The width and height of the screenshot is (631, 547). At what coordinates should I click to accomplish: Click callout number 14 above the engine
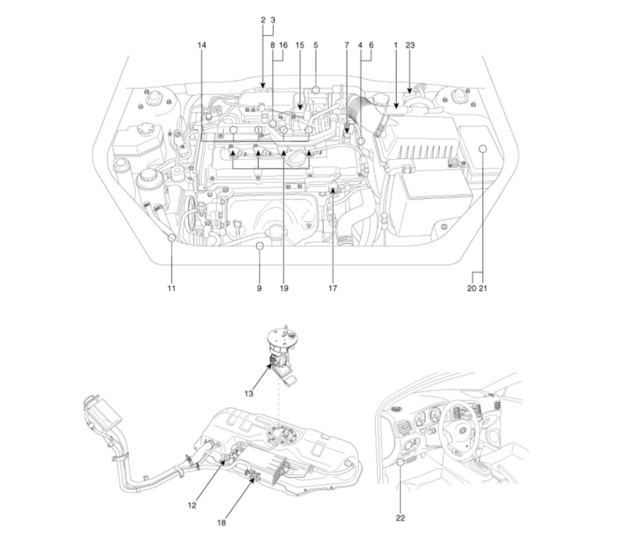(202, 46)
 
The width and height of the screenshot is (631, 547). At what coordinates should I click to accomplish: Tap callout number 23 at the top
(410, 46)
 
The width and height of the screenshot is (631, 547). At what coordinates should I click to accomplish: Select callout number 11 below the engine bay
(172, 288)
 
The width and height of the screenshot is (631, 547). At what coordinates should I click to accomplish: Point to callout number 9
(259, 288)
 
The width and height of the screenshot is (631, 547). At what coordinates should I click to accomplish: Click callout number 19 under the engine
(283, 288)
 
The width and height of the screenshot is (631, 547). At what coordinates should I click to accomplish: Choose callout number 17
(333, 288)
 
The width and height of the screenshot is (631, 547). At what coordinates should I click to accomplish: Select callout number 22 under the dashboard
(400, 517)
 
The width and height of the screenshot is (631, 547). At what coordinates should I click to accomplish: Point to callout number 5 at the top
(315, 46)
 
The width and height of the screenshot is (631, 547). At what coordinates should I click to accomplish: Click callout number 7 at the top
(346, 46)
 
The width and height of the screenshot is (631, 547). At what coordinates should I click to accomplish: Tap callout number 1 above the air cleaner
(396, 46)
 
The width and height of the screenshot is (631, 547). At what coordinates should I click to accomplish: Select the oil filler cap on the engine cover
(297, 157)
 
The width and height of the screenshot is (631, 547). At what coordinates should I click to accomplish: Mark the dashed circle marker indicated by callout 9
(259, 245)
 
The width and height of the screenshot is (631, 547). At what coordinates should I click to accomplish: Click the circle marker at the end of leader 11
(172, 238)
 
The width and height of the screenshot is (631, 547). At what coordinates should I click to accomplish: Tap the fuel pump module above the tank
(283, 352)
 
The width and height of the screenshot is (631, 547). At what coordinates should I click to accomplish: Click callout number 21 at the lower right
(483, 288)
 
